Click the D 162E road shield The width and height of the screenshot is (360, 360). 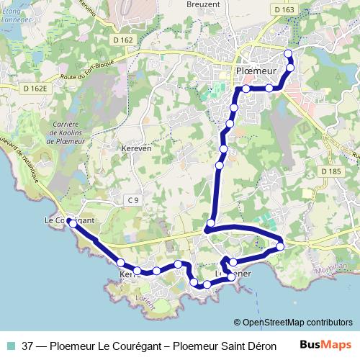[x=34, y=89]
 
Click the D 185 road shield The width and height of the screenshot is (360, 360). [x=329, y=172]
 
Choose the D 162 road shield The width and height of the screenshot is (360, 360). [x=123, y=40]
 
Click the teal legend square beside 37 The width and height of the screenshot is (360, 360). [x=12, y=346]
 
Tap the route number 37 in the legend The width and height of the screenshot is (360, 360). [x=29, y=346]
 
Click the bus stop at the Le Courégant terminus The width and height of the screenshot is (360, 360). [x=73, y=224]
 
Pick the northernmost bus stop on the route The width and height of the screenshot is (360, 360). [x=289, y=54]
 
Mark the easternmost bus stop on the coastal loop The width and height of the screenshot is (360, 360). [x=280, y=247]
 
